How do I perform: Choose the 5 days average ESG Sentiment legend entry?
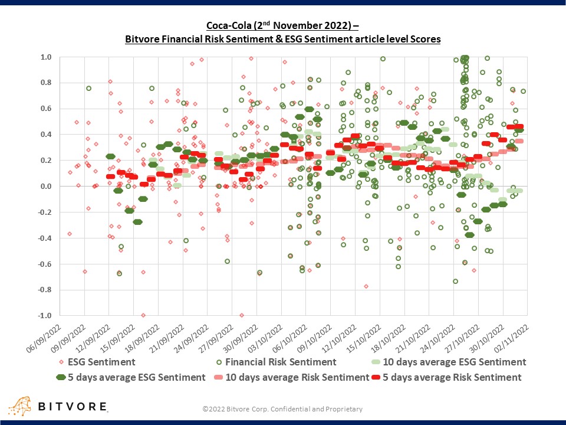(x=130, y=377)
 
